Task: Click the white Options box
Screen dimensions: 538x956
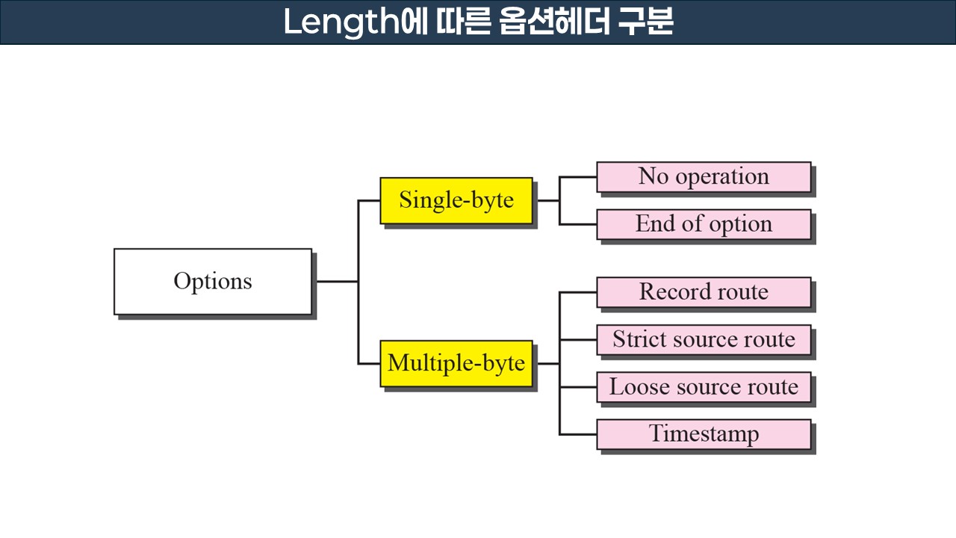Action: tap(212, 281)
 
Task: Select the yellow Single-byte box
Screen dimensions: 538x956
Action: tap(456, 200)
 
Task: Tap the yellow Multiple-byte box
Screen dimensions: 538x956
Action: tap(456, 363)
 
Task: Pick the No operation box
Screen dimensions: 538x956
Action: tap(703, 177)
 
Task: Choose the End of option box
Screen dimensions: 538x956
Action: tap(703, 224)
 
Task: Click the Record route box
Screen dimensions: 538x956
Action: tap(703, 292)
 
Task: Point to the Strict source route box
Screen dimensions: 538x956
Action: tap(703, 339)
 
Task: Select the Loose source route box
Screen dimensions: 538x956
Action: tap(703, 387)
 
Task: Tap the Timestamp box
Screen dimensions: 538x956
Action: tap(703, 434)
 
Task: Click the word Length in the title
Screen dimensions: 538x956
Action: tap(341, 22)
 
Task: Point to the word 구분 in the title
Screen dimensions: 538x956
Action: tap(646, 22)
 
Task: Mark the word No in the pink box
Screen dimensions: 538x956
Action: tap(653, 177)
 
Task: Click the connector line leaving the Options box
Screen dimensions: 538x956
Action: tap(335, 281)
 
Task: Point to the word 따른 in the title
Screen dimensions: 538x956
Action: tap(461, 22)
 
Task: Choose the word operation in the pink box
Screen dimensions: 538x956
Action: tap(721, 177)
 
